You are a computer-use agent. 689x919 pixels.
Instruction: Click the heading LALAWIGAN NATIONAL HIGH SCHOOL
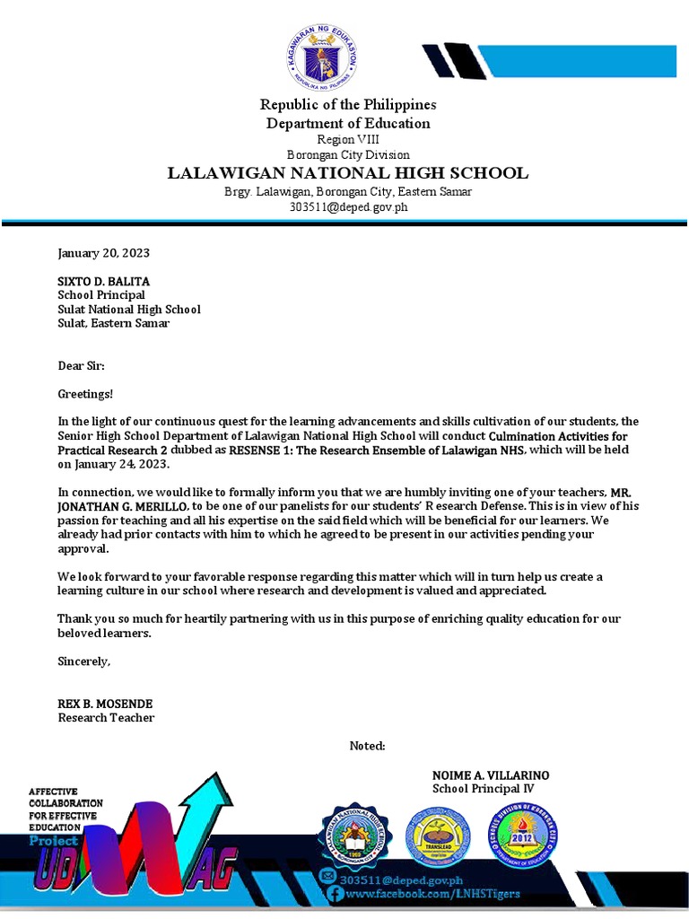click(347, 173)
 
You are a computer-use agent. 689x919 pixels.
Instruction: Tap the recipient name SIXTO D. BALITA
click(103, 281)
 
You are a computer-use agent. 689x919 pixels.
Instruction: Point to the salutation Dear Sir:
click(82, 366)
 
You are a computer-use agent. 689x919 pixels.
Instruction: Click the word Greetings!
click(86, 394)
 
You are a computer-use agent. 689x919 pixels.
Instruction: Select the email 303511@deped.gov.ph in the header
click(347, 206)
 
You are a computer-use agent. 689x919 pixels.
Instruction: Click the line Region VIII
click(347, 139)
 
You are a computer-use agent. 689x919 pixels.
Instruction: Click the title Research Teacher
click(106, 718)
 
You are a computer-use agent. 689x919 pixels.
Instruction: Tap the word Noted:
click(367, 746)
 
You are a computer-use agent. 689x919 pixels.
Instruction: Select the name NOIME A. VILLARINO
click(491, 775)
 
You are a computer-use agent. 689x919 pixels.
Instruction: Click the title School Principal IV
click(483, 789)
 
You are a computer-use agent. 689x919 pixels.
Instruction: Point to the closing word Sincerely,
click(84, 661)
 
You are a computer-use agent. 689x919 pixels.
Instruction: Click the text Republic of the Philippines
click(347, 105)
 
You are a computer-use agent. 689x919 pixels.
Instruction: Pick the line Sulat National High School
click(129, 310)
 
